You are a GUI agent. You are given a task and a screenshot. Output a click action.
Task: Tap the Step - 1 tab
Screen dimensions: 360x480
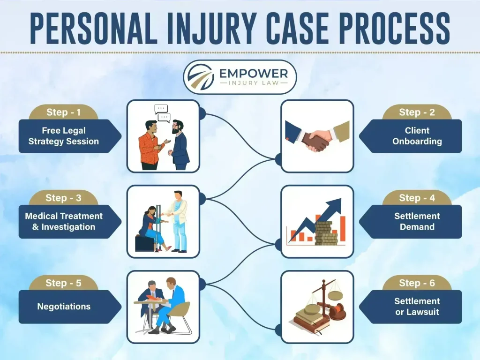[x=63, y=112]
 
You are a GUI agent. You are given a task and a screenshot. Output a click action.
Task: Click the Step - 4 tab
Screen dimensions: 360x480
[x=416, y=198]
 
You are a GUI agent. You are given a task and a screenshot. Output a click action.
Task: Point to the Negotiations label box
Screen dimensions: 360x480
[x=64, y=307]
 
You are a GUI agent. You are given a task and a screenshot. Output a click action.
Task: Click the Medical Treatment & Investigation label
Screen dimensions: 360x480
[x=64, y=221]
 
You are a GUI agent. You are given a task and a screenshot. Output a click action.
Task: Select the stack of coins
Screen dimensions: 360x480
[x=326, y=233]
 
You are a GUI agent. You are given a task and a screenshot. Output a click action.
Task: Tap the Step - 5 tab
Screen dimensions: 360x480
[x=63, y=283]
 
